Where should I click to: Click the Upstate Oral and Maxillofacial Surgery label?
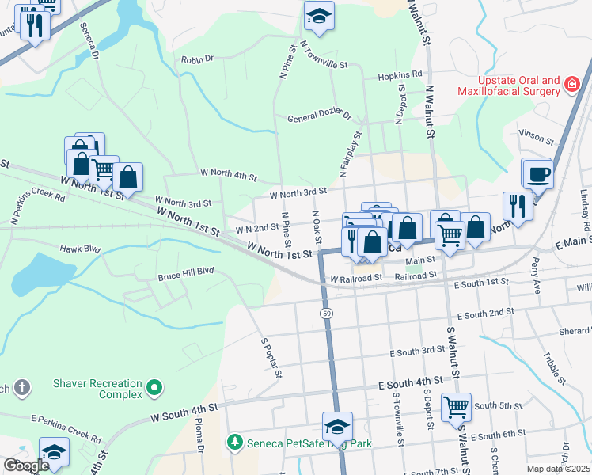tap(507, 86)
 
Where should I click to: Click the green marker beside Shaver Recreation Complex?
tap(154, 389)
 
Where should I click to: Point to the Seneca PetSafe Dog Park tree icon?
tap(233, 440)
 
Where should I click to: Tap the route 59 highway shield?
tap(326, 314)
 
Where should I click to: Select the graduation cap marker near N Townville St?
tap(319, 17)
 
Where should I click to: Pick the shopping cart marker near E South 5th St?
tap(456, 407)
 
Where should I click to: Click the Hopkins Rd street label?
tap(400, 74)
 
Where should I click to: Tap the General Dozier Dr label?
tap(319, 117)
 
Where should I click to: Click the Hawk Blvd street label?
tap(81, 249)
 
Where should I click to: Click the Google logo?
tap(25, 465)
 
